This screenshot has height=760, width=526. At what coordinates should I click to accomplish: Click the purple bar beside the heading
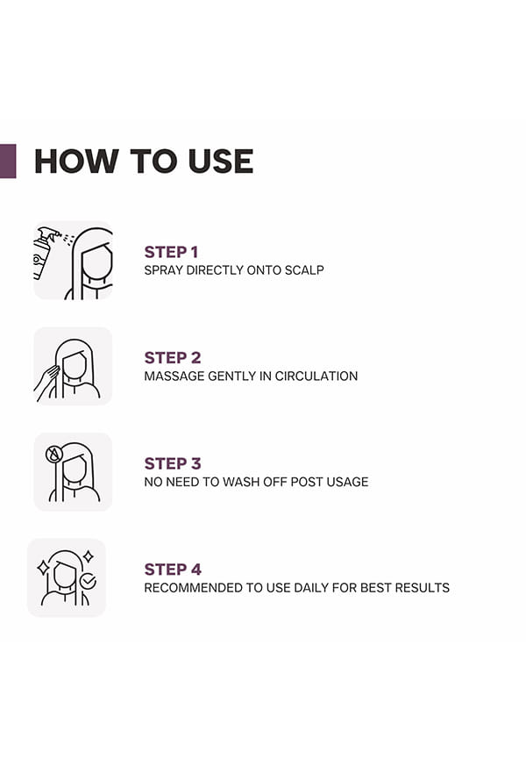8,161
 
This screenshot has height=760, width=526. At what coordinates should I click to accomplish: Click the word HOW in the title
76,161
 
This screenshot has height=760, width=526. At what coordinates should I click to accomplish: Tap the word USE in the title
221,161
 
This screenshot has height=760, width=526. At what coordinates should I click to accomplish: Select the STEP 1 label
171,252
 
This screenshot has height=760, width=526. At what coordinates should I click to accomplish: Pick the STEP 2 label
173,358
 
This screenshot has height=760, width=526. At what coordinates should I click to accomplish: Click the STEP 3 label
173,463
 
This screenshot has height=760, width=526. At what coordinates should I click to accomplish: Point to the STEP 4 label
173,569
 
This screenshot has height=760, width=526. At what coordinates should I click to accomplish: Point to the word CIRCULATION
316,376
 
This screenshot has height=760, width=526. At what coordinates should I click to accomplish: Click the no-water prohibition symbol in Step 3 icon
53,455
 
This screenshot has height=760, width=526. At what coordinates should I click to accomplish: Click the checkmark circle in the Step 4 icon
89,581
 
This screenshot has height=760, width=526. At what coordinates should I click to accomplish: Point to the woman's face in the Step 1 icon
96,263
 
